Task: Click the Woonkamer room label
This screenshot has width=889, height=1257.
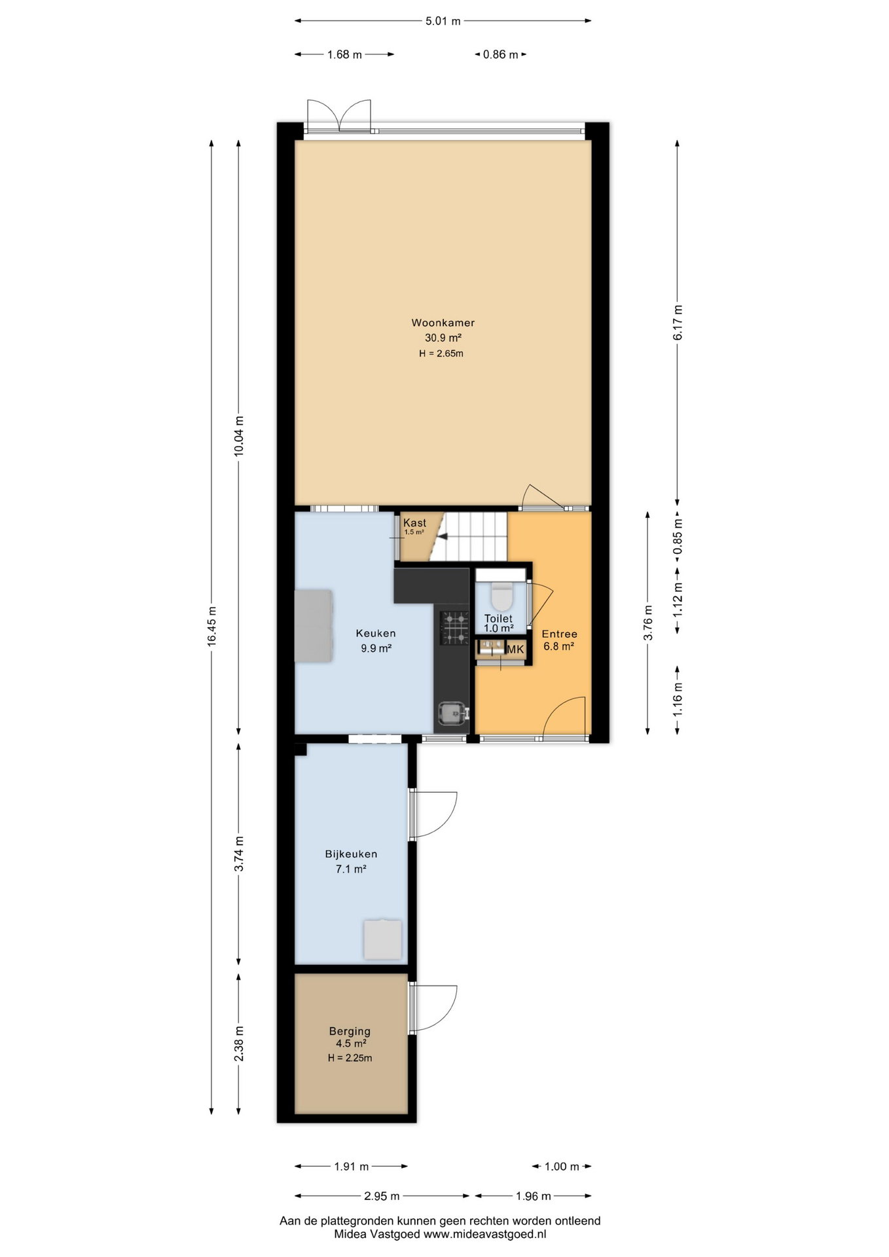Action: [x=443, y=323]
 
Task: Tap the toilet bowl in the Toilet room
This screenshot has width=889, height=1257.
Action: [x=501, y=596]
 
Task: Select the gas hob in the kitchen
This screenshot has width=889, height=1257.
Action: [x=455, y=628]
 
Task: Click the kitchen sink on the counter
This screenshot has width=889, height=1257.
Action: [x=452, y=713]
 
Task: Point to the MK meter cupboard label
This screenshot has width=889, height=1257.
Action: [x=516, y=649]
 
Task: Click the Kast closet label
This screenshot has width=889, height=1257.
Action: [x=414, y=522]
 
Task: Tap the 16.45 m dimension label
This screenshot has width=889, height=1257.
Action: [x=211, y=627]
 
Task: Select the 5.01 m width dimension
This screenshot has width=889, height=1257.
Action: [x=443, y=21]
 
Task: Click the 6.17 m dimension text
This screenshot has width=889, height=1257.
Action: [x=678, y=323]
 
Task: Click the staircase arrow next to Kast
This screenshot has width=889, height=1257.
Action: [x=442, y=536]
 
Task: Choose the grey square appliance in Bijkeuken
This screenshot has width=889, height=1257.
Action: [x=383, y=939]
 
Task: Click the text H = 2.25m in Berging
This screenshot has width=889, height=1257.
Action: [x=350, y=1057]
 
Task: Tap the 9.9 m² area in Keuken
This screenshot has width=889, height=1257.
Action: [x=376, y=649]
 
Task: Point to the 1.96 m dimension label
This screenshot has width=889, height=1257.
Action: [x=533, y=1196]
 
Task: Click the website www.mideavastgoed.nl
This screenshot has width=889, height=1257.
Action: [x=485, y=1234]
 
